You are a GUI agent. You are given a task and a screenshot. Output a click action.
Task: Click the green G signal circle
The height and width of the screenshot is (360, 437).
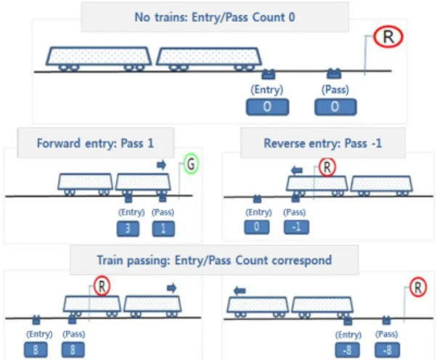point(191,164)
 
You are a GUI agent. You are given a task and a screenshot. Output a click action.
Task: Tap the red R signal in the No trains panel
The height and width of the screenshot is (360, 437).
point(388,37)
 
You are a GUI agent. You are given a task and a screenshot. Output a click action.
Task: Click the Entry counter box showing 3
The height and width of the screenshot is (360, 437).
point(128,229)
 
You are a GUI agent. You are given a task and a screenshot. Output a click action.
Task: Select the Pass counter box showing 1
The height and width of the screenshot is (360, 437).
point(163,229)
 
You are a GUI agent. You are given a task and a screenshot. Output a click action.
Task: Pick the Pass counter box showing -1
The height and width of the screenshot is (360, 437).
point(296,226)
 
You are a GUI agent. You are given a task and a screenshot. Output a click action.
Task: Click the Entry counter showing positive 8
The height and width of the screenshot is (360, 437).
point(36,350)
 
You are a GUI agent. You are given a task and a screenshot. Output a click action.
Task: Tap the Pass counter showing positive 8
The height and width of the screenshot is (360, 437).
point(73,350)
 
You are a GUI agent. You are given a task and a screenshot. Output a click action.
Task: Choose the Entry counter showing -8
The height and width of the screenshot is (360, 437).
point(347,350)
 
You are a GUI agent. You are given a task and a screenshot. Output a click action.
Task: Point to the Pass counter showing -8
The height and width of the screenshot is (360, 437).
point(388,350)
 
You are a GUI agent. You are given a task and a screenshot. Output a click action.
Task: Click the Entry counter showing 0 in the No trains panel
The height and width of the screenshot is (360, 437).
point(267,107)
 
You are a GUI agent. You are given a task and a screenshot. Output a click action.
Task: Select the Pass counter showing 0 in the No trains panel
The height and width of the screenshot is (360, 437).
point(335,107)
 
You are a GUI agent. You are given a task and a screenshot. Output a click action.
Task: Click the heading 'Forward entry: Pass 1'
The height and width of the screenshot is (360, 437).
point(95,143)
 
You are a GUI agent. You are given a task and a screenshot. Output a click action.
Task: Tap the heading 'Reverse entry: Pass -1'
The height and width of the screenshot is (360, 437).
point(323,143)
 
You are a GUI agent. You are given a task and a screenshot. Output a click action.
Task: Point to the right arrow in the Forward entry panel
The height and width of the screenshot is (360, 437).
point(161,165)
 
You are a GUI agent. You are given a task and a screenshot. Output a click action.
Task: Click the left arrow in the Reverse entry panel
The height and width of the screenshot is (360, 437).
point(296,170)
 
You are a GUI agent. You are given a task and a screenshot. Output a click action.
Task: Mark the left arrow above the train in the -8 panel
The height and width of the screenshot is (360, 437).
point(240,291)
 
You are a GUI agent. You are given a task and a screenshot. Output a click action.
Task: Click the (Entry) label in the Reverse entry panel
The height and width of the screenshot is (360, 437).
point(258,213)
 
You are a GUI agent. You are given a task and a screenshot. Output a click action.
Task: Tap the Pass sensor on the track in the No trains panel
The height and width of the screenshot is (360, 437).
point(334,73)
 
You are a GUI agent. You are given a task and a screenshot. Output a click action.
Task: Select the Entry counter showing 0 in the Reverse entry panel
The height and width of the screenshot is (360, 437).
point(257,226)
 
